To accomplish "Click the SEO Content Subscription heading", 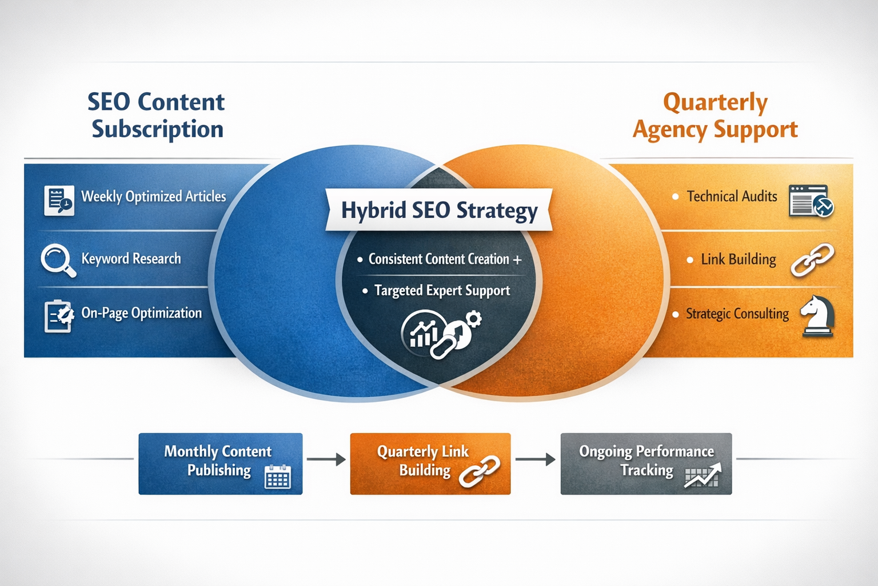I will coord(157,116).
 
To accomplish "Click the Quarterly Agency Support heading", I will coord(715,116).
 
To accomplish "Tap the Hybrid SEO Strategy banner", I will coord(439,210).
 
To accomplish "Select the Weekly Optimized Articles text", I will coord(153,196).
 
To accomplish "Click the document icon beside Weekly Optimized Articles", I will coord(59,200).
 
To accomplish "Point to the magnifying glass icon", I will coord(58,260).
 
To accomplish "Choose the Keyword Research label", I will coord(131,259).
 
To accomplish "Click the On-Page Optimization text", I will coord(141,313).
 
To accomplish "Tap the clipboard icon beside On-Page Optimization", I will coord(59,315).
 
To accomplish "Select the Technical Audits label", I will coord(732,196).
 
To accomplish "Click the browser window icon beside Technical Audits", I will coord(811,200).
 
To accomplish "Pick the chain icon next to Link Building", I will coord(812,260).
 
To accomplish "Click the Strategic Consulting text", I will coord(737,314).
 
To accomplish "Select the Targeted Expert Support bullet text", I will coord(442,291).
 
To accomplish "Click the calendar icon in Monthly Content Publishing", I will coord(278,476).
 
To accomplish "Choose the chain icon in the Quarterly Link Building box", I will coord(480,471).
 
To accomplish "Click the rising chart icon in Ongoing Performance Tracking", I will coord(703,476).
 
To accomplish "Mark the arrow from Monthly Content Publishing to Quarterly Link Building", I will coord(326,459).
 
